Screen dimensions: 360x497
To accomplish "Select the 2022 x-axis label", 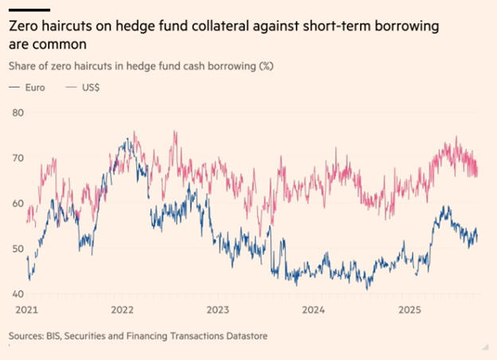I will coord(122,308).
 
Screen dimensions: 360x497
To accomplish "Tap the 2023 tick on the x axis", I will coord(217,308).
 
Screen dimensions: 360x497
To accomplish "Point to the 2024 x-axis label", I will coord(314,308).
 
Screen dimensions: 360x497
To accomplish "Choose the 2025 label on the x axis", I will coord(409,308).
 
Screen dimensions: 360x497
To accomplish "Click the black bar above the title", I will coord(29,9).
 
